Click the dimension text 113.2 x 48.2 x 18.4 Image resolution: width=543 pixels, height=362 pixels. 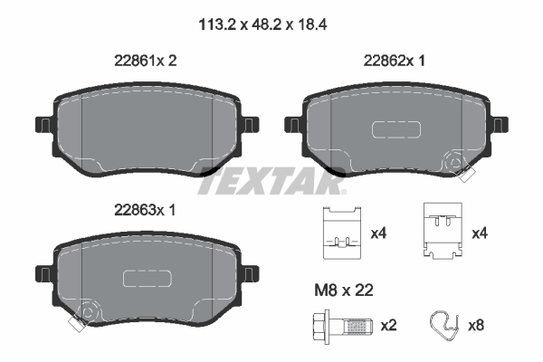(262, 25)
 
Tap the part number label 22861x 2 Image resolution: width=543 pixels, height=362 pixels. (146, 61)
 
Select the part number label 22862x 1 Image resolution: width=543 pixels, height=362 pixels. (394, 61)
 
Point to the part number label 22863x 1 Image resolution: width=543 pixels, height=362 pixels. (145, 210)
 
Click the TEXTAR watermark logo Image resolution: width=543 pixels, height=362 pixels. (271, 181)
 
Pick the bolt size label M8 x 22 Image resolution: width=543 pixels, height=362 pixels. (344, 290)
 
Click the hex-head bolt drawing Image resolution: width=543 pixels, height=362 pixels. (343, 327)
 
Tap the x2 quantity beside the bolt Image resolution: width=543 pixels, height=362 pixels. (388, 326)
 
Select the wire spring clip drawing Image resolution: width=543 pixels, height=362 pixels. (444, 325)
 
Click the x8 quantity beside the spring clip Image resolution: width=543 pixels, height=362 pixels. (476, 326)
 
